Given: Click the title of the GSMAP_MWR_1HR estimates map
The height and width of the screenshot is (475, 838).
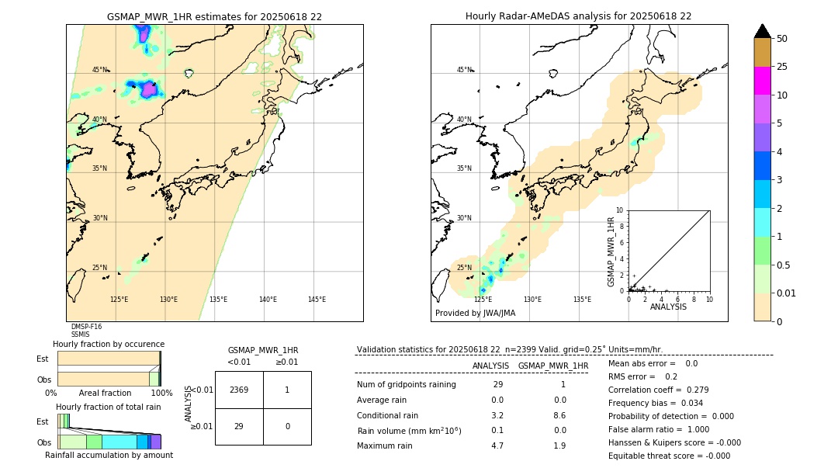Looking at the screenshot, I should (x=214, y=16).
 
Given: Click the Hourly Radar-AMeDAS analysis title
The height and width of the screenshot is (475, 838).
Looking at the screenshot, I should (x=578, y=16).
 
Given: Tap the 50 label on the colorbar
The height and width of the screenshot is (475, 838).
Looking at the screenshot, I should (x=782, y=39).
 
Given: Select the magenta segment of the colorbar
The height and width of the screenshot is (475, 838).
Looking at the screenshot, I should (x=762, y=81).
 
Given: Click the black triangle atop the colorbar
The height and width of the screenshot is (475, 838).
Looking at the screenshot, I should (x=762, y=31).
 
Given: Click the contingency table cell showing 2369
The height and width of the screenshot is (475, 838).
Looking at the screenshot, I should (x=239, y=390).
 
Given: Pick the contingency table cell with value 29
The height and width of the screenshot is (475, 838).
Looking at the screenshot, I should (x=239, y=426).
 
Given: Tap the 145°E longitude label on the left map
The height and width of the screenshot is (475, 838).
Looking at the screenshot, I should (x=317, y=300).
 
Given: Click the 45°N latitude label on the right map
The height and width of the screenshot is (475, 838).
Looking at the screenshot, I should (x=464, y=70).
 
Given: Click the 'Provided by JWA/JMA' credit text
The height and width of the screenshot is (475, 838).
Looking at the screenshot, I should (x=475, y=314).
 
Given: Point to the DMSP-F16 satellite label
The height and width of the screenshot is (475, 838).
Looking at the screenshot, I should (x=86, y=327).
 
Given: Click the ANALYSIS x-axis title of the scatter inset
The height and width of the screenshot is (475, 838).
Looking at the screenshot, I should (x=668, y=307).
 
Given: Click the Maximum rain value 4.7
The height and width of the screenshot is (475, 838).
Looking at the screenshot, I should (x=497, y=446).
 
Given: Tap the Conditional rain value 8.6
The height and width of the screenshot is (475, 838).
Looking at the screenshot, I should (x=559, y=415).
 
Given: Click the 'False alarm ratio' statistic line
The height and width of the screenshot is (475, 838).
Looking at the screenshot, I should (x=659, y=429).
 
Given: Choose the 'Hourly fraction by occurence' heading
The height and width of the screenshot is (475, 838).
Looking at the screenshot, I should (x=109, y=344).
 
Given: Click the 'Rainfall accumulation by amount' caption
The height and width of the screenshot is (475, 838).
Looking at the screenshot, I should (x=109, y=455).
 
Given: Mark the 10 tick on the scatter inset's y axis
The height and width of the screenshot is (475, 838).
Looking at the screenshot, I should (x=619, y=210).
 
